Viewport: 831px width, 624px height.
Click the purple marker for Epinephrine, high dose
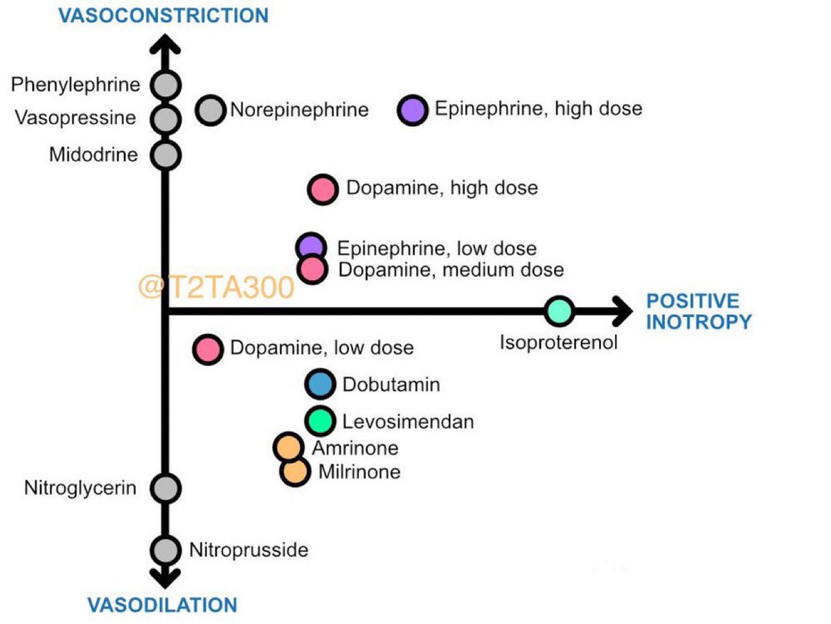pyautogui.click(x=414, y=110)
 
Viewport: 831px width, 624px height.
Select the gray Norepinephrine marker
pyautogui.click(x=211, y=110)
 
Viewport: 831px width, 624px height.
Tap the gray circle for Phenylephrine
pyautogui.click(x=166, y=85)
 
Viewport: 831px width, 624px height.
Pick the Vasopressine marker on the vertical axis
pyautogui.click(x=166, y=119)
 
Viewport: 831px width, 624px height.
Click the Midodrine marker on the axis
pyautogui.click(x=166, y=155)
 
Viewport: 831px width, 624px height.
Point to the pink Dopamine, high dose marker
pyautogui.click(x=323, y=189)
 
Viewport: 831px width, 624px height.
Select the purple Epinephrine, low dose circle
pyautogui.click(x=311, y=245)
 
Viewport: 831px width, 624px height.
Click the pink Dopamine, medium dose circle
pyautogui.click(x=312, y=269)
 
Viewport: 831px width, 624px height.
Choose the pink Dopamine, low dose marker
pyautogui.click(x=208, y=349)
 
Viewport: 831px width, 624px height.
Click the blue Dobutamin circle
pyautogui.click(x=320, y=384)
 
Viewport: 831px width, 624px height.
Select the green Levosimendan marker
pyautogui.click(x=320, y=421)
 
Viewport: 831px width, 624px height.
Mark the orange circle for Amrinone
pyautogui.click(x=288, y=447)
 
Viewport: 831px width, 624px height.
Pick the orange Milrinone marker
pyautogui.click(x=294, y=471)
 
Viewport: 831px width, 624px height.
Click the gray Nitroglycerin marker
pyautogui.click(x=166, y=488)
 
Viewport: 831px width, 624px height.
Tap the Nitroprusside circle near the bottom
pyautogui.click(x=166, y=550)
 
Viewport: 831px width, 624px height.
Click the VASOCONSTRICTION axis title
pyautogui.click(x=163, y=15)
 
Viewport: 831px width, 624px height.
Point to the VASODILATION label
pyautogui.click(x=162, y=605)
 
